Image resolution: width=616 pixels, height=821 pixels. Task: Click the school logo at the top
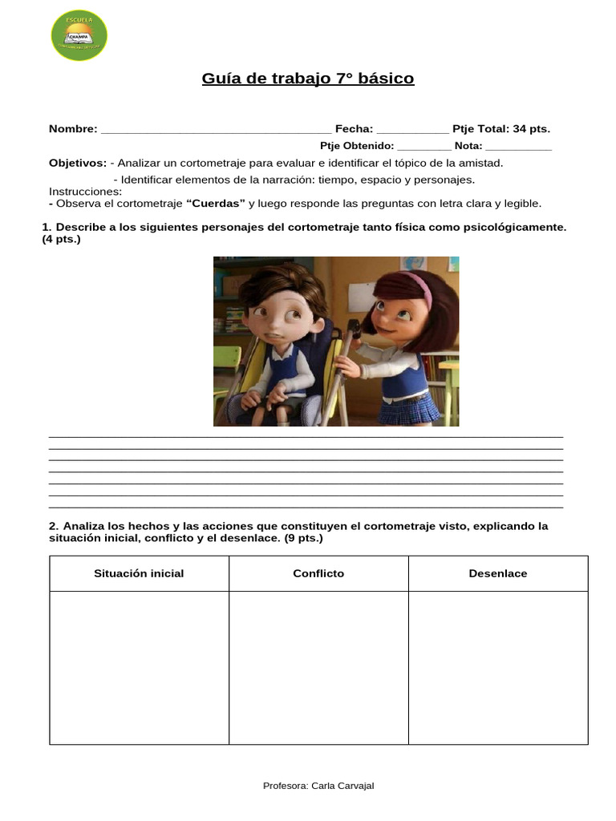click(x=79, y=35)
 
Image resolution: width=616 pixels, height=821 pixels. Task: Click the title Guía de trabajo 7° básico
click(x=308, y=79)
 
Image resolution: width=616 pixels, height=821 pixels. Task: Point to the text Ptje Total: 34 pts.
click(x=501, y=129)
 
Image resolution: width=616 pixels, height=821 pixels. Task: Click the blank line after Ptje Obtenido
click(x=424, y=148)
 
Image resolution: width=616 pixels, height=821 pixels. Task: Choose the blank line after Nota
click(x=518, y=148)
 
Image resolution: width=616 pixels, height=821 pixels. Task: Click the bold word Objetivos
click(x=78, y=163)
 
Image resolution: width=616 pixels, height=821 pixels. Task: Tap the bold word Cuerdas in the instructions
click(x=216, y=204)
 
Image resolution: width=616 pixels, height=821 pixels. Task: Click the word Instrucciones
click(x=85, y=192)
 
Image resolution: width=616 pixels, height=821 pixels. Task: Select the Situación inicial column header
click(x=139, y=573)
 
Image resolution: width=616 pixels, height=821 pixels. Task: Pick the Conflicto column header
click(x=318, y=573)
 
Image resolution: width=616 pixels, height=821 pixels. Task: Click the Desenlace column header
click(x=498, y=573)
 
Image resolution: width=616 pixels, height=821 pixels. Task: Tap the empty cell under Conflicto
click(x=318, y=667)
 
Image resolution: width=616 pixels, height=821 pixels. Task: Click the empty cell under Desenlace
click(x=498, y=667)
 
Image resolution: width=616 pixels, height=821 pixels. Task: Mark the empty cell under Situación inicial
click(x=139, y=667)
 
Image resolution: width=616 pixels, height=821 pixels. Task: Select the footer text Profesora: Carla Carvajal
click(x=318, y=786)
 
